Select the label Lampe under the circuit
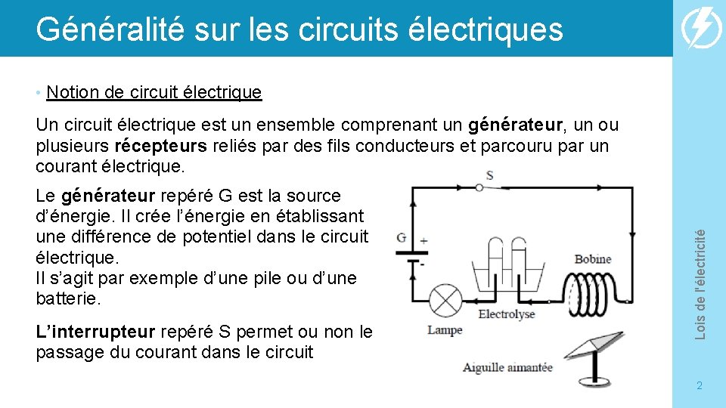(x=445, y=329)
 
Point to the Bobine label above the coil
(x=593, y=259)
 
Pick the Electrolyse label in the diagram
(x=506, y=314)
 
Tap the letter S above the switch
(x=489, y=175)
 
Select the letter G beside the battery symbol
(x=401, y=237)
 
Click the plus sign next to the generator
(x=423, y=240)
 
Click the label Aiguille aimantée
(x=507, y=368)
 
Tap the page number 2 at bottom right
(x=700, y=385)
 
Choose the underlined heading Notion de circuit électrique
(x=154, y=92)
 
